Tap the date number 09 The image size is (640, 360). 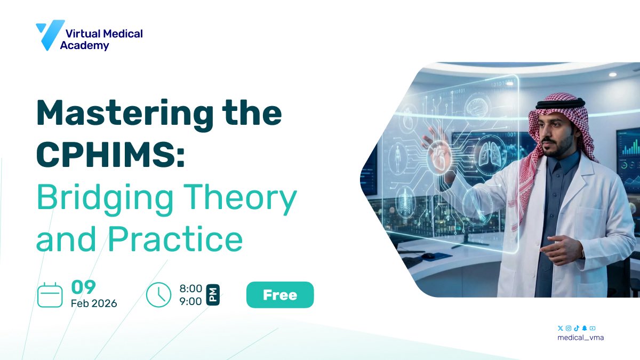(x=83, y=287)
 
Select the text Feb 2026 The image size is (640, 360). (x=94, y=303)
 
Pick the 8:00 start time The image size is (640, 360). (x=191, y=289)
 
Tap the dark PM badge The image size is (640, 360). (x=213, y=295)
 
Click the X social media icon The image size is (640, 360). (x=560, y=328)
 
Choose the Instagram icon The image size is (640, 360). (x=569, y=328)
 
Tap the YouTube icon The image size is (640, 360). (x=593, y=328)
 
